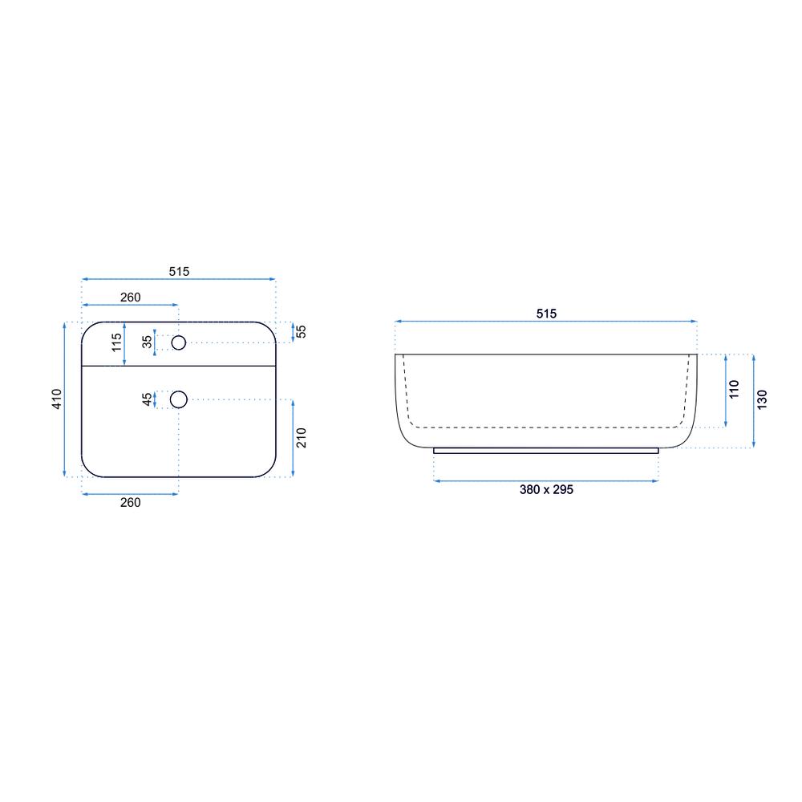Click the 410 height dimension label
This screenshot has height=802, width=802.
click(57, 399)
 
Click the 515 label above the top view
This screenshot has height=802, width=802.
click(179, 272)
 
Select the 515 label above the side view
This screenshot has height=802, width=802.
click(546, 314)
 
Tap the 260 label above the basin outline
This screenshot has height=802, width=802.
click(131, 298)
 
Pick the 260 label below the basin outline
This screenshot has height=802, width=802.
click(131, 502)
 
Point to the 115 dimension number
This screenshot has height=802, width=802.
click(117, 342)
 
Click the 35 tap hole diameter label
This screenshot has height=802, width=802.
click(148, 342)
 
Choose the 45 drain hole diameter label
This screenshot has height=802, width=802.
click(148, 399)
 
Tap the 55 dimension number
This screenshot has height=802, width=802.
click(302, 331)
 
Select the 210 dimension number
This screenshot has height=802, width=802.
click(302, 438)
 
